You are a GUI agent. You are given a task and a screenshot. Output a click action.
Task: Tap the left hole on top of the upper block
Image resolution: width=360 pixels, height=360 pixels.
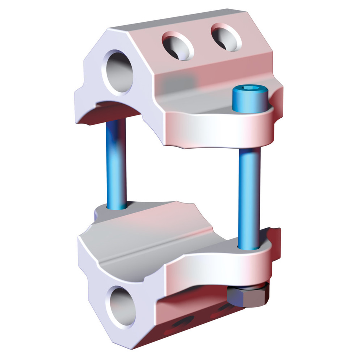[x=178, y=46]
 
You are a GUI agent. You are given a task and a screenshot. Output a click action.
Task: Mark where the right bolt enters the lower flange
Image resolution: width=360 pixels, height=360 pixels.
[x=249, y=248]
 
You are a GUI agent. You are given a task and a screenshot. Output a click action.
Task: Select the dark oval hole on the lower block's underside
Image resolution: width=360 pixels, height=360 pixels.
[x=183, y=322]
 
